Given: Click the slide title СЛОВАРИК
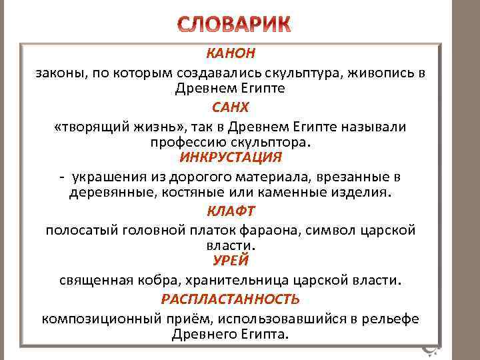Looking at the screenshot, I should coord(235,25).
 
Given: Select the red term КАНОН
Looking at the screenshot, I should coord(231,53).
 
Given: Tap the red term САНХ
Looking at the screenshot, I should coord(230,106).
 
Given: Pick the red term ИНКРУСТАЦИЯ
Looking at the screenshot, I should coord(231,158).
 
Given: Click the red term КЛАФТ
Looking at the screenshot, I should coord(231,211).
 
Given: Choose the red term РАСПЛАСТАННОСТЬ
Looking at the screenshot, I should coord(231,299).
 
